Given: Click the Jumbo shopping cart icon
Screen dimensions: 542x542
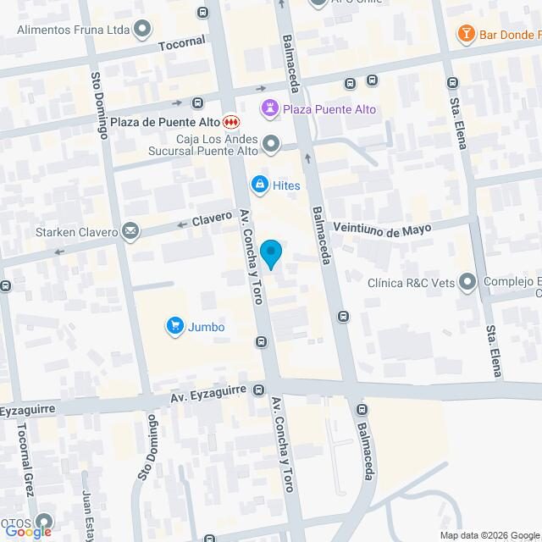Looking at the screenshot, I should coord(175,326).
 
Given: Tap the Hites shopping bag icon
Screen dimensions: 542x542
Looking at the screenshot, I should coord(259,185).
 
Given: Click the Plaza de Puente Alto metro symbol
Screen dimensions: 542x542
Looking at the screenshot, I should coord(230,122).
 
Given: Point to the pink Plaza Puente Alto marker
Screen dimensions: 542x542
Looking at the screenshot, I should coord(270,108).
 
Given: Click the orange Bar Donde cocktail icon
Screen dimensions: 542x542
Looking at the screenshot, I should coord(466,34).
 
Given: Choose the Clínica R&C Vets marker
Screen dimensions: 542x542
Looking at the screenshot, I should coord(467,284).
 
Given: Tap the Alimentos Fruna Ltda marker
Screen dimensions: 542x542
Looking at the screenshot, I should coord(142,30).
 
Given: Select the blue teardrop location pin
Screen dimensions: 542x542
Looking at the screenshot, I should coord(270,253).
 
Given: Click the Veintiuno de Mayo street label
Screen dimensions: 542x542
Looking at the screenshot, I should coord(383,229).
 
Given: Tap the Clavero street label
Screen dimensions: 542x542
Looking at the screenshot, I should coord(212,218).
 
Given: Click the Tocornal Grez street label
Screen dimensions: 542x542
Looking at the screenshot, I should coord(22,462).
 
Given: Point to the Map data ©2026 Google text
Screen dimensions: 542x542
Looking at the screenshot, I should coord(488,534).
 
